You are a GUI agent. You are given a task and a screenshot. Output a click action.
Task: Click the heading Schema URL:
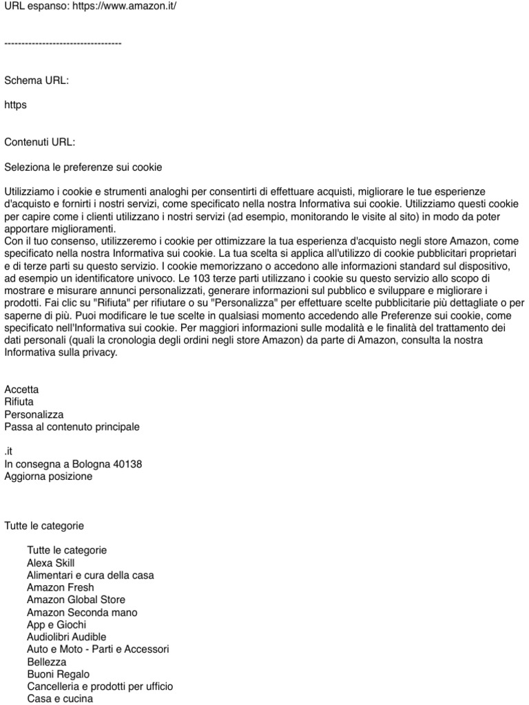coord(37,81)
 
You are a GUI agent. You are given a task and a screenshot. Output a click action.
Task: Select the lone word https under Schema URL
coord(16,105)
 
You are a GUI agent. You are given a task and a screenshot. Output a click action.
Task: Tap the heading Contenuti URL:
coord(40,143)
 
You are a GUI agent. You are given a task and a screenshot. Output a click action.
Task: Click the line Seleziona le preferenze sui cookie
coord(83,167)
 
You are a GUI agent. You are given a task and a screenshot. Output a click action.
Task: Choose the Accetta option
coord(22,390)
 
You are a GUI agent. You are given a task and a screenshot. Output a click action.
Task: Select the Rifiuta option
coord(19,402)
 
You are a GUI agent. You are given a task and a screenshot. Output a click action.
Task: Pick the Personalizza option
coord(34,414)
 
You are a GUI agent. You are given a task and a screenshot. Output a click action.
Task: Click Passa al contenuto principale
coord(72,427)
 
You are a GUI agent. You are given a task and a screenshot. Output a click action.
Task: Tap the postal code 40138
coord(128,464)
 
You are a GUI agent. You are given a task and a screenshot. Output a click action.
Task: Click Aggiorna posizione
coord(48,476)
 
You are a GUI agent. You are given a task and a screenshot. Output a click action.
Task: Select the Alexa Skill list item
coord(51,563)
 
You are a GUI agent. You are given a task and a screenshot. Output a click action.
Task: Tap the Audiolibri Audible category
coord(67,638)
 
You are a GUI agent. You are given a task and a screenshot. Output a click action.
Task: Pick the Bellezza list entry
coord(47,662)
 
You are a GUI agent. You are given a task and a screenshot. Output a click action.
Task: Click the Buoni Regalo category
coord(59,675)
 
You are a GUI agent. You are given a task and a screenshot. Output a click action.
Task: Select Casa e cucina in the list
coord(60,699)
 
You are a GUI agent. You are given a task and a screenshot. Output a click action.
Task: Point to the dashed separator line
coord(63,43)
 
